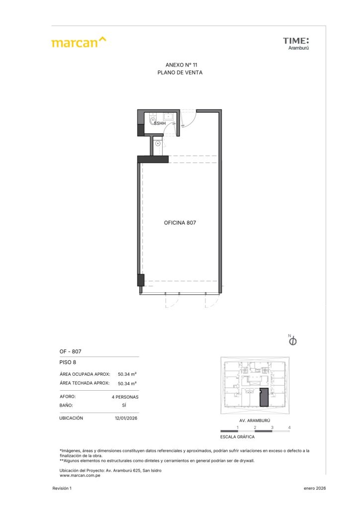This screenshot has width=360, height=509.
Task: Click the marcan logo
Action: click(79, 42)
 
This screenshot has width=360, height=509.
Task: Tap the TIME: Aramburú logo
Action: click(296, 44)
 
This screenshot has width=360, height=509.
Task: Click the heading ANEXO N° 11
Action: click(181, 65)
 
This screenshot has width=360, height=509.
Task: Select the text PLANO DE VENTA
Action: click(180, 73)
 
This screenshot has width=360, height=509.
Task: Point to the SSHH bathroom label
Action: click(160, 123)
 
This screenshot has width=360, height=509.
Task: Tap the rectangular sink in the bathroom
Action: click(169, 116)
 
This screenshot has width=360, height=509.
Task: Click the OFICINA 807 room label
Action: click(180, 223)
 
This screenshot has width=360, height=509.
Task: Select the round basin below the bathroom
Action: click(158, 143)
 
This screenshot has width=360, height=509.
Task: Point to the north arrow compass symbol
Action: click(292, 340)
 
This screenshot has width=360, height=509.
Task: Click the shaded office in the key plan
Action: click(264, 397)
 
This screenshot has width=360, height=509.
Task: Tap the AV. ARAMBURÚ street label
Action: click(255, 421)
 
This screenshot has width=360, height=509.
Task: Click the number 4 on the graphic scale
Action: click(289, 427)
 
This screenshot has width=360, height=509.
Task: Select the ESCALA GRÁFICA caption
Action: click(237, 437)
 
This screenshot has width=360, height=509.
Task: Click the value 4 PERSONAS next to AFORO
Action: click(125, 397)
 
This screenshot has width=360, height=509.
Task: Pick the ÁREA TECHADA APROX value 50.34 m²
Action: click(127, 383)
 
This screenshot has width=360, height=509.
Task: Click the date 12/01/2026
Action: click(126, 418)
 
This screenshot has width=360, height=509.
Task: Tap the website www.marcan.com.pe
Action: click(80, 476)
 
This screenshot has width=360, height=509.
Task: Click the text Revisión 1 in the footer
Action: click(62, 488)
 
